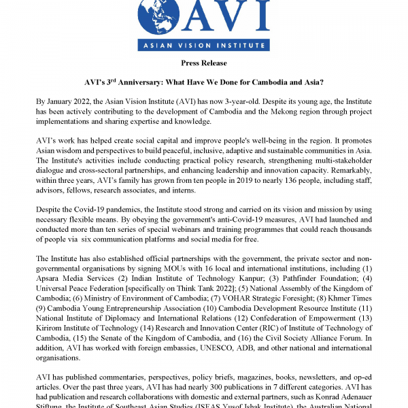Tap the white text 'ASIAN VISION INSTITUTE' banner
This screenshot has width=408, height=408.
(x=203, y=46)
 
